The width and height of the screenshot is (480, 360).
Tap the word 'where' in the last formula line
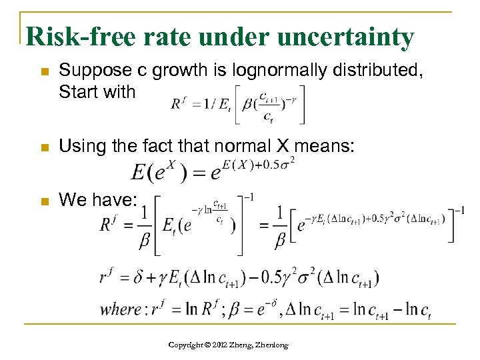point(120,310)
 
